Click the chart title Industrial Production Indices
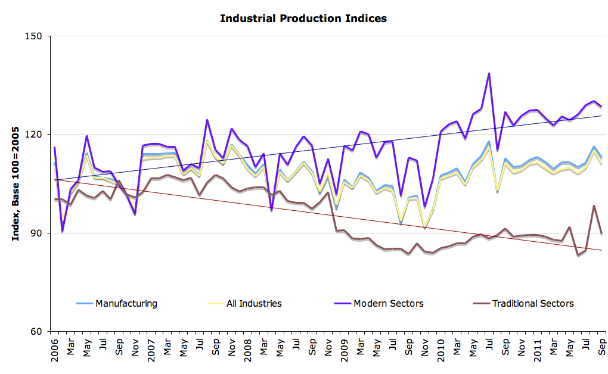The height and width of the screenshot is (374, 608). tap(303, 18)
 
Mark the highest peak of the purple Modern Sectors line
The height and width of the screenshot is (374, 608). tap(489, 74)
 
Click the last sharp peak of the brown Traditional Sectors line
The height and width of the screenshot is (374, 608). tap(594, 205)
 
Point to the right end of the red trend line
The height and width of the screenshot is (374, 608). tap(601, 251)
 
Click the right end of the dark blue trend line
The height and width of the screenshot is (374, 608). tap(601, 116)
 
